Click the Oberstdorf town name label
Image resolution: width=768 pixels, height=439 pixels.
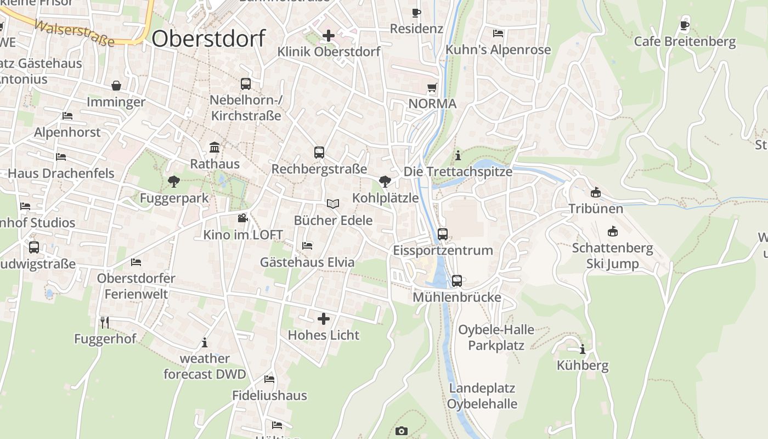click(x=208, y=39)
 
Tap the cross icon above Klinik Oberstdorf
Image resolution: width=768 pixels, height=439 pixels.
click(x=329, y=36)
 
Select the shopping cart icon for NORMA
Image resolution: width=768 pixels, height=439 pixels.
click(x=432, y=88)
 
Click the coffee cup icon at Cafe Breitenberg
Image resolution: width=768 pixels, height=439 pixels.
click(x=685, y=25)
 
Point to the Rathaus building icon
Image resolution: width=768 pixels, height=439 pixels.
click(x=215, y=148)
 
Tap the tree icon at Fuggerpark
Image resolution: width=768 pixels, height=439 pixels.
click(x=174, y=181)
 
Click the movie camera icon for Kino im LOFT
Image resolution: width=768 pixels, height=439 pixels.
click(x=242, y=218)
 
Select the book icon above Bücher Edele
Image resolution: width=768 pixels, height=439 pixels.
click(x=333, y=204)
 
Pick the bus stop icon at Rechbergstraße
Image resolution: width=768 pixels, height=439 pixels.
click(x=319, y=153)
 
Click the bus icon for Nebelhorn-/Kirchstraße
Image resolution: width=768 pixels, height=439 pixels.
click(x=246, y=84)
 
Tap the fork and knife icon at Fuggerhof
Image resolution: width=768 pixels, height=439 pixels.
click(x=105, y=322)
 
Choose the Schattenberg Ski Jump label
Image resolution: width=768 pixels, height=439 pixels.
click(x=613, y=256)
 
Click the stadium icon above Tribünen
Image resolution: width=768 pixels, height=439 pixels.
click(x=596, y=192)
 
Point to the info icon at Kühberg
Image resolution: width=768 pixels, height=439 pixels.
click(x=583, y=349)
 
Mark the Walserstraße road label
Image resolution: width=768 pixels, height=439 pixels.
click(x=74, y=33)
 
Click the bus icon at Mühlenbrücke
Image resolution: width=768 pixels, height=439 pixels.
click(x=457, y=281)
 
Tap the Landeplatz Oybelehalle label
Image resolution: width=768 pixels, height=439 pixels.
click(x=482, y=396)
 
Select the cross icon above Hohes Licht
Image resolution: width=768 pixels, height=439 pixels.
click(x=324, y=318)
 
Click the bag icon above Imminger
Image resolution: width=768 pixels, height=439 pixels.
click(x=116, y=86)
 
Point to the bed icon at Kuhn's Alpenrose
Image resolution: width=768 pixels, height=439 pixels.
click(x=498, y=33)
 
